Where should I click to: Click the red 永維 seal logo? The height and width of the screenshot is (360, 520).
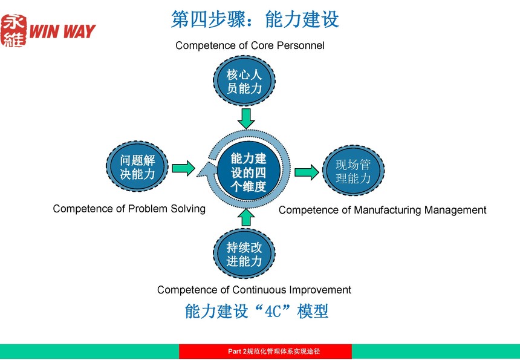pos(13,30)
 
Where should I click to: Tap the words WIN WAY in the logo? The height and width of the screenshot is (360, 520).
pos(62,31)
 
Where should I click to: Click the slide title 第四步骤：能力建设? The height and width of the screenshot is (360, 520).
pos(255,19)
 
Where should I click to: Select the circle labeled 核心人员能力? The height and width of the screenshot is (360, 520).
pos(244,81)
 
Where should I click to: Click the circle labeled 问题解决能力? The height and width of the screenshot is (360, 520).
pos(137,166)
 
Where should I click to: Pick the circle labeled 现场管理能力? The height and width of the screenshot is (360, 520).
pos(353,171)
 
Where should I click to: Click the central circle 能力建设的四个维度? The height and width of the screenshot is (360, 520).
pos(249,172)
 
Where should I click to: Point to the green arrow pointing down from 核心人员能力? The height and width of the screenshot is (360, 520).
pos(246,118)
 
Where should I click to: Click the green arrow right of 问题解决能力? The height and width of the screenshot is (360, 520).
pos(183,168)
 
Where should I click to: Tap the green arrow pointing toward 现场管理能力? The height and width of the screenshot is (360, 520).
pos(307,172)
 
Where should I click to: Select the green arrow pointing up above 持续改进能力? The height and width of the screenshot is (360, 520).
pos(246,218)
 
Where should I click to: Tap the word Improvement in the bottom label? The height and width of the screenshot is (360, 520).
pos(320,290)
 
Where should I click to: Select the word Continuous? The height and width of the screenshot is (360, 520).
pos(259,290)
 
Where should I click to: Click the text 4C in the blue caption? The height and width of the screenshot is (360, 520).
pos(273,311)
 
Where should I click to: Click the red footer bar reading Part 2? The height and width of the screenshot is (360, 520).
pos(265,352)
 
